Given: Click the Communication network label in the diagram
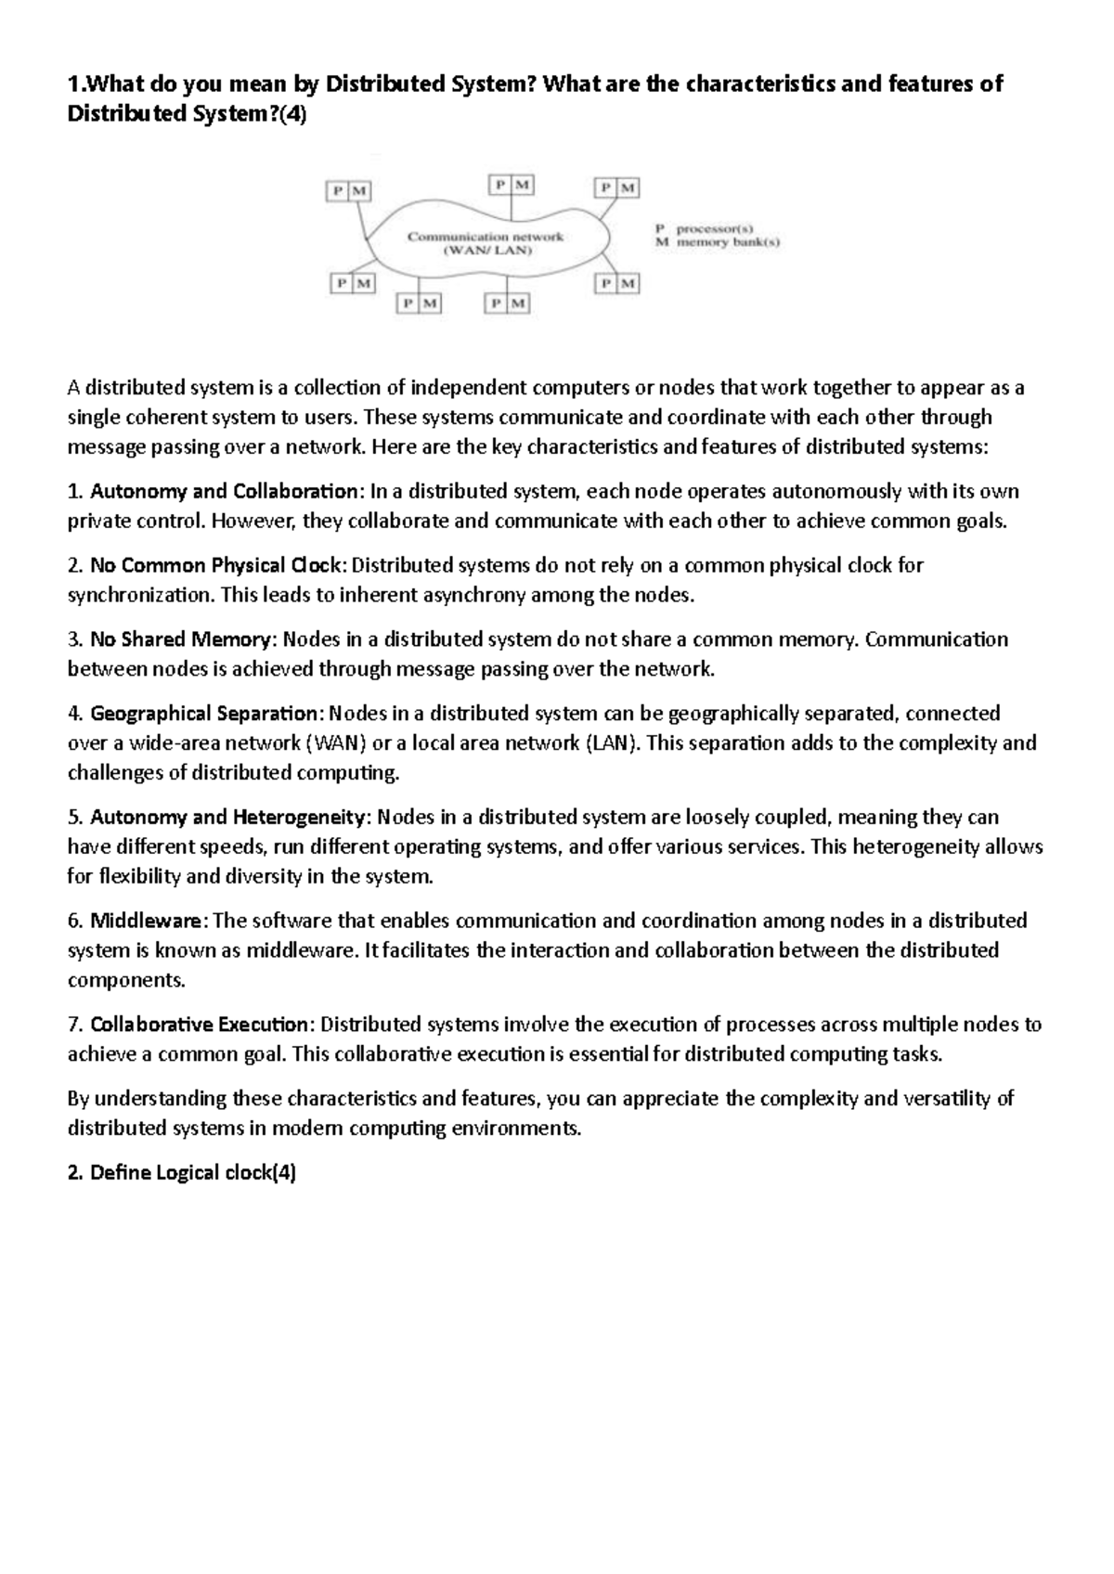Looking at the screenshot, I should pyautogui.click(x=486, y=237).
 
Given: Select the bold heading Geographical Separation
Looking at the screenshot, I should pyautogui.click(x=203, y=714).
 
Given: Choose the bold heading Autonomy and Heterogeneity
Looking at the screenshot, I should pyautogui.click(x=229, y=818).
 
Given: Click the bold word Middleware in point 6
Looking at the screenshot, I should pyautogui.click(x=146, y=922).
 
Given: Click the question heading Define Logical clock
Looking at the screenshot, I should pyautogui.click(x=182, y=1173).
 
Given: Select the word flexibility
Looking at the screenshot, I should pyautogui.click(x=142, y=876).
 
